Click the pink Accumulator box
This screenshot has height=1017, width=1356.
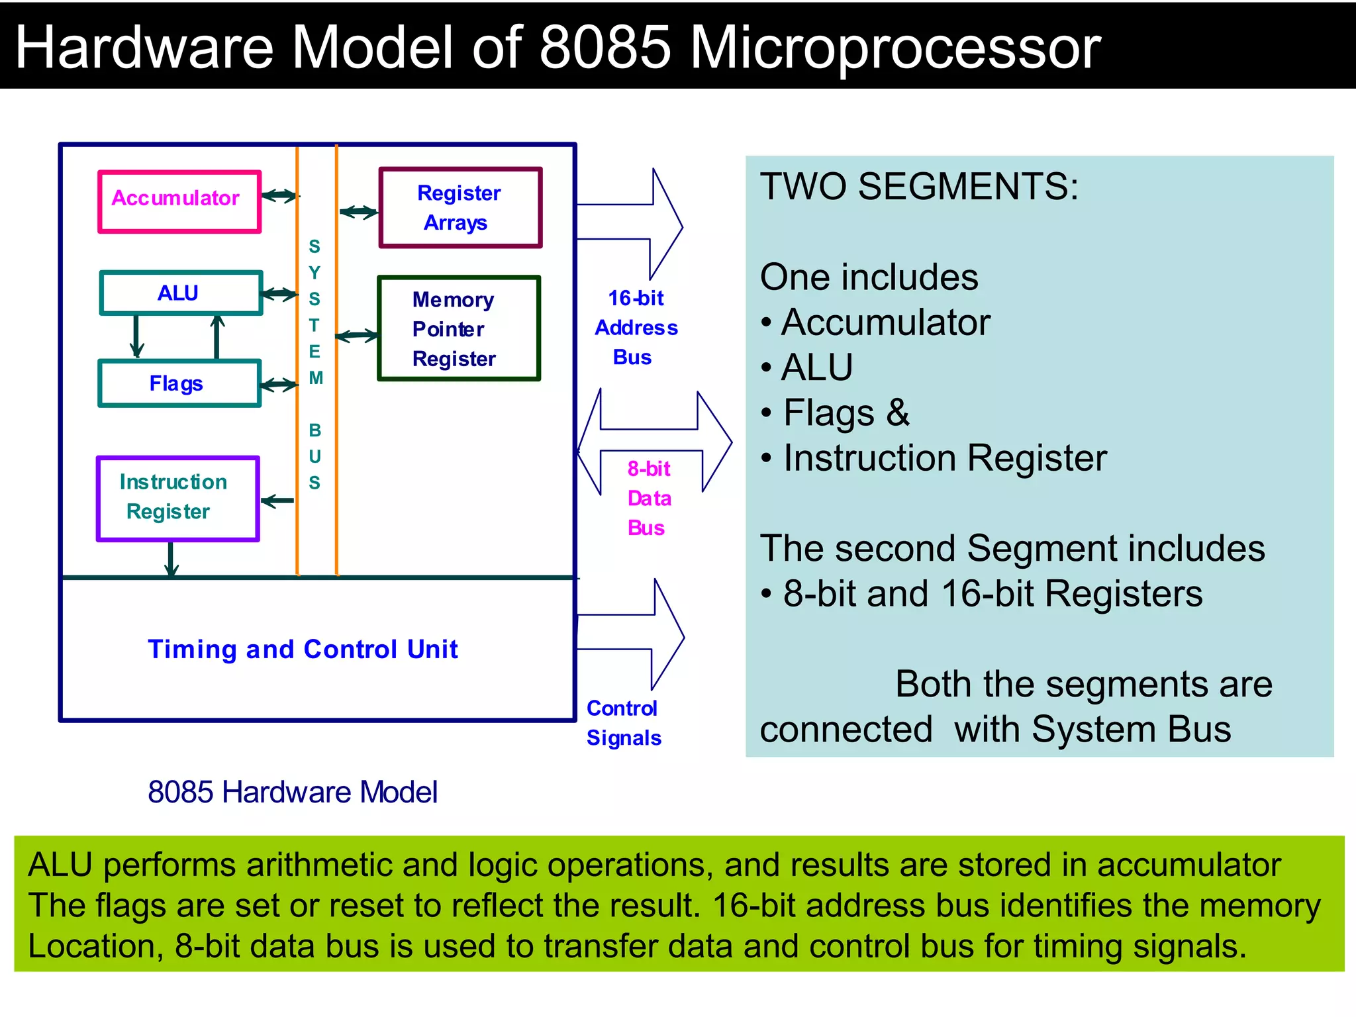click(x=179, y=201)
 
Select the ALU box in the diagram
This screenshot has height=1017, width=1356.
click(x=181, y=293)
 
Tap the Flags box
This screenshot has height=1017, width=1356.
click(x=179, y=383)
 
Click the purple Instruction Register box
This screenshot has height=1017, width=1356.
click(x=177, y=498)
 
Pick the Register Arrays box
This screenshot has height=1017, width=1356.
click(x=460, y=208)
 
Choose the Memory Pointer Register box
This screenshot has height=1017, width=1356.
click(x=459, y=328)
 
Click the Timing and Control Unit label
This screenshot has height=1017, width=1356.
click(x=303, y=649)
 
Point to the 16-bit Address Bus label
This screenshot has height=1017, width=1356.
click(x=636, y=328)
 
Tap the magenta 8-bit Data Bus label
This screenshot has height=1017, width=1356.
click(x=649, y=498)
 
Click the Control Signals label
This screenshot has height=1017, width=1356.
click(x=623, y=723)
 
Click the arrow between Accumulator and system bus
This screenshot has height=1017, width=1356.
click(x=279, y=195)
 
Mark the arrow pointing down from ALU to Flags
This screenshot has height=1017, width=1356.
click(x=136, y=336)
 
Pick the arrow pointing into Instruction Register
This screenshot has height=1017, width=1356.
click(x=277, y=501)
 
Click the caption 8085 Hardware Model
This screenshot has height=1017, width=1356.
click(x=292, y=792)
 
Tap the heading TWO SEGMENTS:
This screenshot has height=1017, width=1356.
click(x=919, y=187)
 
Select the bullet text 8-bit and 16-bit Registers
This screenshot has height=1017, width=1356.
click(x=992, y=593)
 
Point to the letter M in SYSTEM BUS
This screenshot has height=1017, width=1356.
click(x=316, y=378)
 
